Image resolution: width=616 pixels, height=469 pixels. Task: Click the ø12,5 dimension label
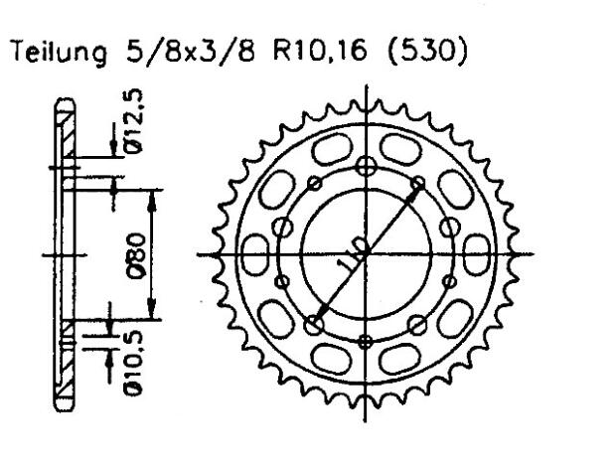click(x=139, y=117)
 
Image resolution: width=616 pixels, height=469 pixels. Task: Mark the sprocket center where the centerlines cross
click(x=368, y=254)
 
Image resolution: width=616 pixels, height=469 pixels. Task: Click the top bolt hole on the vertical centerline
click(x=368, y=164)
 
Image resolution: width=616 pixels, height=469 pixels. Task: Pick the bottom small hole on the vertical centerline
click(x=368, y=341)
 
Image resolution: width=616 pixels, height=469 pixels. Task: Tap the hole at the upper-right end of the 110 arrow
click(x=418, y=183)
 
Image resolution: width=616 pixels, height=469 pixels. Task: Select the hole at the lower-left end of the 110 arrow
click(x=317, y=324)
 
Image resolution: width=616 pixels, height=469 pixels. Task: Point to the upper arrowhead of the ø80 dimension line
click(x=151, y=193)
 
